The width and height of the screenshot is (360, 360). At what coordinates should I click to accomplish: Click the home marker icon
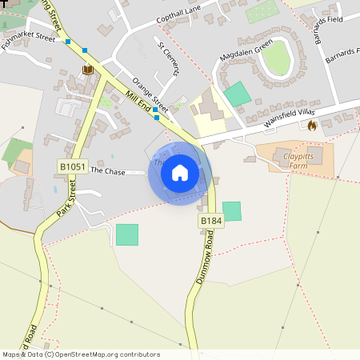pos(180,173)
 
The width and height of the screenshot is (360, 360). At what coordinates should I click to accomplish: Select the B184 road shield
pos(211,221)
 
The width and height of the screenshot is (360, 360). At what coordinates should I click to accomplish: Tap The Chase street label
pos(109,170)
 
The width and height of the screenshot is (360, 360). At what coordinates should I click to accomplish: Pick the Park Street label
pos(66,199)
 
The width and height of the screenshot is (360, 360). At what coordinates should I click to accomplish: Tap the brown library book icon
pos(87,70)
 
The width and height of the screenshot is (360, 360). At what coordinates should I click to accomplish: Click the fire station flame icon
pos(311,126)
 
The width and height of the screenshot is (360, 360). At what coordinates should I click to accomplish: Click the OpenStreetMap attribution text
pos(80,354)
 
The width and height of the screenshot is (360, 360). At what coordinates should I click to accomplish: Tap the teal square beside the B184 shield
pos(231,211)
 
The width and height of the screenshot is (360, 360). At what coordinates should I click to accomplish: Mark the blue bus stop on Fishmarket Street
pos(68,42)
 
